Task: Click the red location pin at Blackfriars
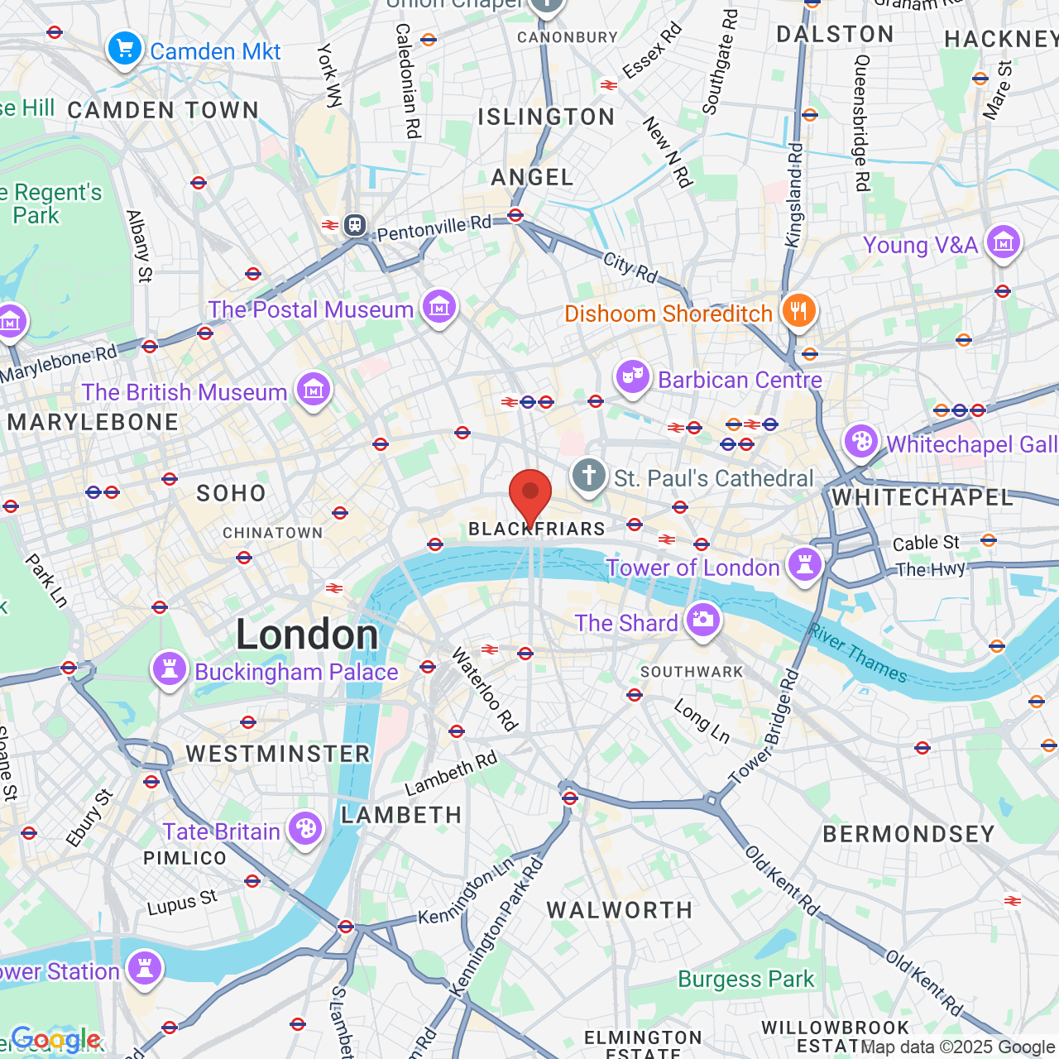click(x=529, y=494)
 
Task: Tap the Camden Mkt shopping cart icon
click(x=124, y=49)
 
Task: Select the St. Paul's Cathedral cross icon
click(x=589, y=477)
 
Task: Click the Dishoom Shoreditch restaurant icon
click(x=798, y=311)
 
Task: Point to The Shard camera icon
click(x=703, y=620)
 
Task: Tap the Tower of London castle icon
click(x=804, y=564)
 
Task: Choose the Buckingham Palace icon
click(x=170, y=668)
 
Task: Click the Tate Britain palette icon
click(x=305, y=828)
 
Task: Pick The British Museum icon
click(x=314, y=389)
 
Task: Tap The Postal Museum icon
click(x=438, y=307)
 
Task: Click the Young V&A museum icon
click(x=1003, y=242)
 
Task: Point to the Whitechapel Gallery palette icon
click(x=861, y=442)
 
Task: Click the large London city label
click(x=307, y=635)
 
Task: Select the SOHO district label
click(x=231, y=494)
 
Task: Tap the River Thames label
click(x=858, y=654)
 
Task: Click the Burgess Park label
click(x=745, y=980)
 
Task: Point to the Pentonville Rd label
click(x=434, y=228)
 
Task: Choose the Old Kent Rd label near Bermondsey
click(x=782, y=881)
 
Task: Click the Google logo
click(x=55, y=1039)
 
